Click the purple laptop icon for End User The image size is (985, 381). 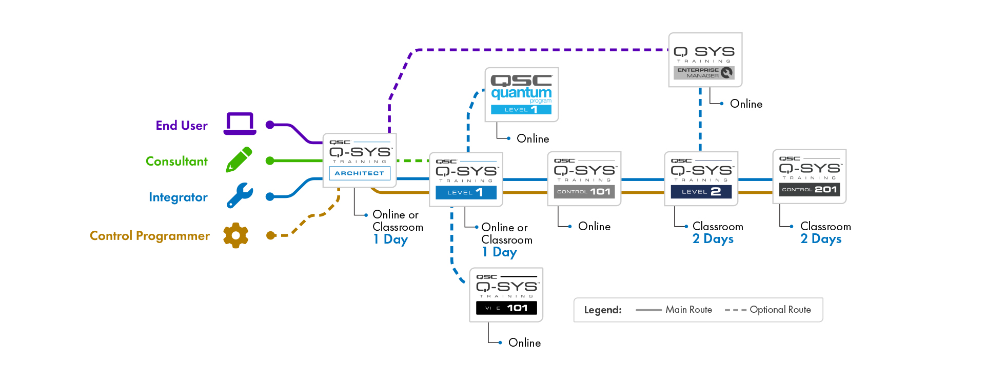240,124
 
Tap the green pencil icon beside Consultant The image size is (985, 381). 239,159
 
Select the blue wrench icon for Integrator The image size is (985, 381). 240,195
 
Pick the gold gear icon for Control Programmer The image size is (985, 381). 236,235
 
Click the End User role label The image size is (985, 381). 182,126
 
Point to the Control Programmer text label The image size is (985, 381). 150,236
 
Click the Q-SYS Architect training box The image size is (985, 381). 360,161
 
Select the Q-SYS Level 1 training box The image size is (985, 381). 466,179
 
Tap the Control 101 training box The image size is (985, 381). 584,178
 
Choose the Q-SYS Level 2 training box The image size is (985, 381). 701,178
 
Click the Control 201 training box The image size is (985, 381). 810,176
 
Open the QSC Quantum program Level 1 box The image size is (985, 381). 522,95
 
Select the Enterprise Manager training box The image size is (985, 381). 705,60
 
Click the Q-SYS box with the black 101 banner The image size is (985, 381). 506,295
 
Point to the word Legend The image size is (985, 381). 603,310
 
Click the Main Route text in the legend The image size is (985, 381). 688,310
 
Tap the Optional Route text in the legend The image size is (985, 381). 780,310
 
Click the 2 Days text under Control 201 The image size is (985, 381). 821,239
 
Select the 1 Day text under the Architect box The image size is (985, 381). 391,239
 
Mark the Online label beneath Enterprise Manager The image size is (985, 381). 746,104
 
